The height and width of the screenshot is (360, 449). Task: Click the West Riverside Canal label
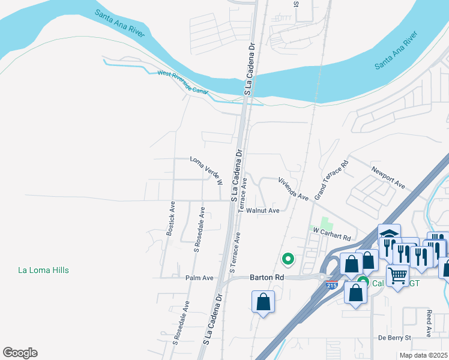[x=182, y=83]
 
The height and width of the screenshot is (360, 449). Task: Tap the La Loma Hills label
[x=43, y=271]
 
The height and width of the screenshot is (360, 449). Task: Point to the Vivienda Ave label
[x=292, y=189]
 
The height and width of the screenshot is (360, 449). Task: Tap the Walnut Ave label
[x=263, y=211]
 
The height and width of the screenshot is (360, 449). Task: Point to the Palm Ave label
[x=199, y=278]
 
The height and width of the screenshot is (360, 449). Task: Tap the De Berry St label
[x=394, y=338]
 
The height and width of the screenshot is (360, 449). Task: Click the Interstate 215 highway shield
[x=333, y=286]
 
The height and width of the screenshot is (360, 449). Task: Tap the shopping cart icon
[x=398, y=277]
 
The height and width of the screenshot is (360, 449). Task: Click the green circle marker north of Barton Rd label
[x=288, y=259]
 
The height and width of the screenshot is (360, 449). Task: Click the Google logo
[x=20, y=353]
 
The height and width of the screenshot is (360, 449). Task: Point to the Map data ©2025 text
[x=423, y=355]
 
